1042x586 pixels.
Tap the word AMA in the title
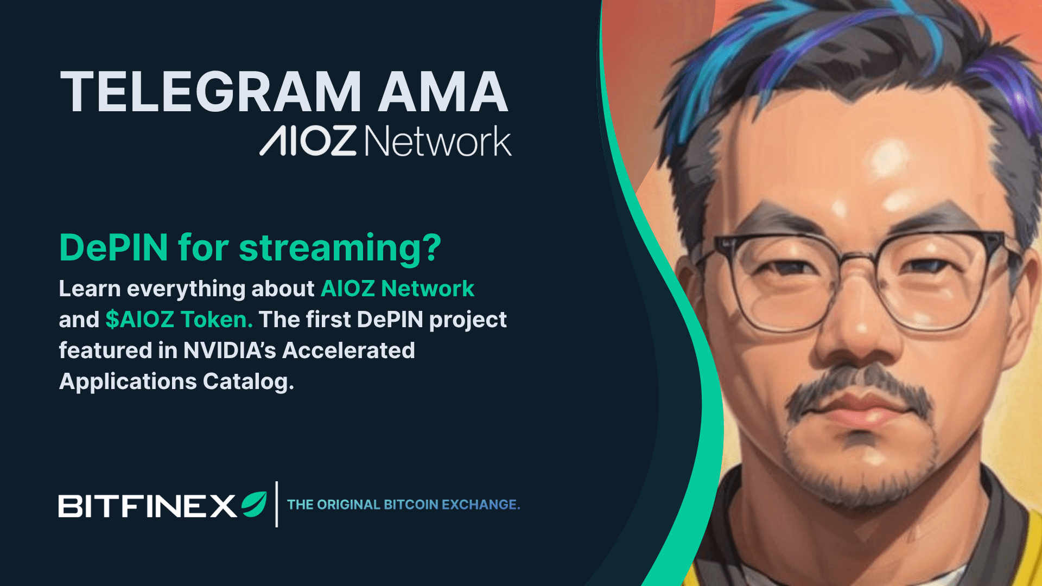(443, 92)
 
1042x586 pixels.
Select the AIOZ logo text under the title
(308, 141)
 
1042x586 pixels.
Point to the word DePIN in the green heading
(113, 248)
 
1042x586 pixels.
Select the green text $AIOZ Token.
(179, 320)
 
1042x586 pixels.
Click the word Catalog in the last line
(248, 381)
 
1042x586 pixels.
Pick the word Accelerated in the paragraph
(348, 351)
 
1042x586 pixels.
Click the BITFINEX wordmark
(147, 506)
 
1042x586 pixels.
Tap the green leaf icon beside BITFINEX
(254, 504)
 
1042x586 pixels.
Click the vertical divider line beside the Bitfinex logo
(277, 504)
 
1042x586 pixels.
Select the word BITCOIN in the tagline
(411, 505)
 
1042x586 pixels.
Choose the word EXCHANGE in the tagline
(480, 505)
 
